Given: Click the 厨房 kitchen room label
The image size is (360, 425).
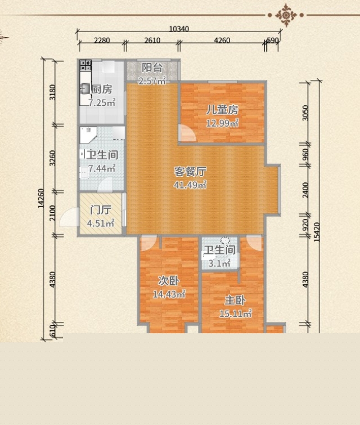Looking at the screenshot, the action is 102,89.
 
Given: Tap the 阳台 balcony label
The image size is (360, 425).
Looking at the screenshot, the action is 152,68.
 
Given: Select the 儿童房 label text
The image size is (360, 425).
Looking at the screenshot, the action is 222,110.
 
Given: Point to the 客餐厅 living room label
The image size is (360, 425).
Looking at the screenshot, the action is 190,171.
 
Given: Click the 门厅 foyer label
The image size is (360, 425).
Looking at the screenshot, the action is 101,210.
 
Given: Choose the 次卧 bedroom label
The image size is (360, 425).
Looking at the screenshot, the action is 169,281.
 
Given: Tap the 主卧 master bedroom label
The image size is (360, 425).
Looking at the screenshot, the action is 235,301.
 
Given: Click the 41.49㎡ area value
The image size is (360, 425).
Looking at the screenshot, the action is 190,185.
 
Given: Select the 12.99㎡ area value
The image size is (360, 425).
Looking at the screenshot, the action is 222,123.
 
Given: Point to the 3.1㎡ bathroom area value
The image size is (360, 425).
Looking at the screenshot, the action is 219,263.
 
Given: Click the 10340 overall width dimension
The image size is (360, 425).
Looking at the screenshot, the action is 179,29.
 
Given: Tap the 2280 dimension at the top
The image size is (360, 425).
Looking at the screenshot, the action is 102,41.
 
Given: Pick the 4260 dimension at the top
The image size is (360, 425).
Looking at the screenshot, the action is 222,41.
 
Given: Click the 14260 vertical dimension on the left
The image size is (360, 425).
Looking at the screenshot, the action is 40,198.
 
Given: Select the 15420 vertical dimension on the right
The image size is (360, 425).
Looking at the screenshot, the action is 316,232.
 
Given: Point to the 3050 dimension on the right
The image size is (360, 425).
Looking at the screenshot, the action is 305,113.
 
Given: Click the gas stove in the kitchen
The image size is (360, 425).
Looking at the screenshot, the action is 85,65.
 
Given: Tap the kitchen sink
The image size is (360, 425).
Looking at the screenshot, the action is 85,88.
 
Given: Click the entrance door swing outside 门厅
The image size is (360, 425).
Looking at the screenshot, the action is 68,216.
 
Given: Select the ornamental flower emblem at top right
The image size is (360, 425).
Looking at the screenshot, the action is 286,15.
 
